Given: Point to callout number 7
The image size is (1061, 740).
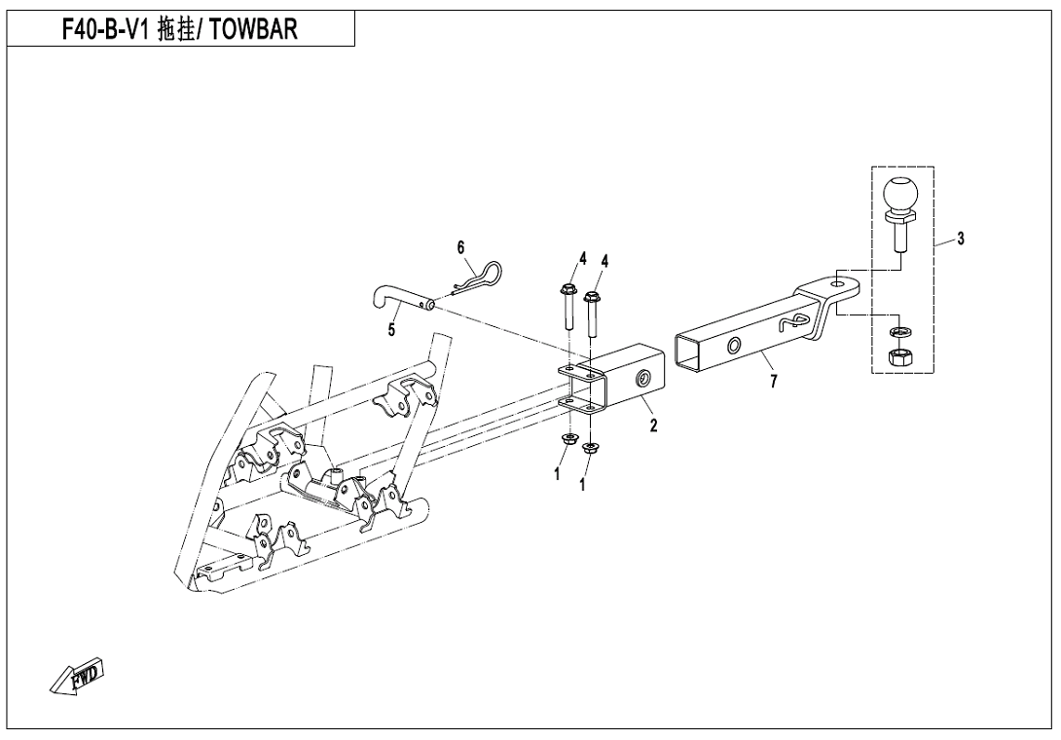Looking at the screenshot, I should pyautogui.click(x=773, y=382).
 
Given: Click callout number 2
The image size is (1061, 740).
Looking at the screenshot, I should pyautogui.click(x=654, y=425).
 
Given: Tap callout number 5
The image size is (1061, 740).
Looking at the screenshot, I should pyautogui.click(x=391, y=331).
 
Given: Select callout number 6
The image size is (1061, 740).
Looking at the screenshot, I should pyautogui.click(x=462, y=247).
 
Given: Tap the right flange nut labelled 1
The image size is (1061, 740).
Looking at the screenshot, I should pyautogui.click(x=589, y=449).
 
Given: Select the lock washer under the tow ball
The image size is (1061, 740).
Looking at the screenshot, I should pyautogui.click(x=899, y=331).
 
